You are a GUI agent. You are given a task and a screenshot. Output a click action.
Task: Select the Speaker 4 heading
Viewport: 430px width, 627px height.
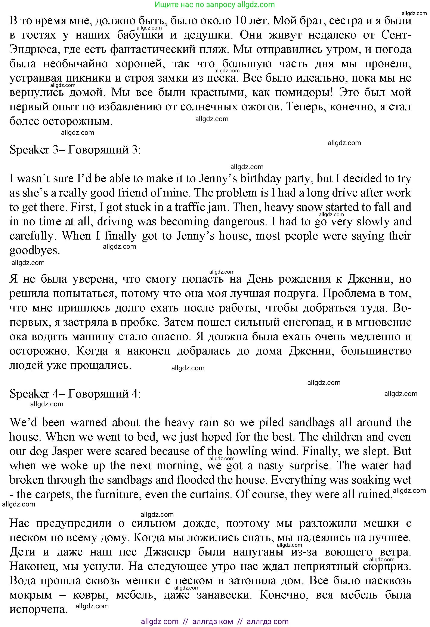pyautogui.click(x=75, y=394)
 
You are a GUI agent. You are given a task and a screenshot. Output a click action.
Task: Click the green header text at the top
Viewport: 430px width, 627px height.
pyautogui.click(x=215, y=4)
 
